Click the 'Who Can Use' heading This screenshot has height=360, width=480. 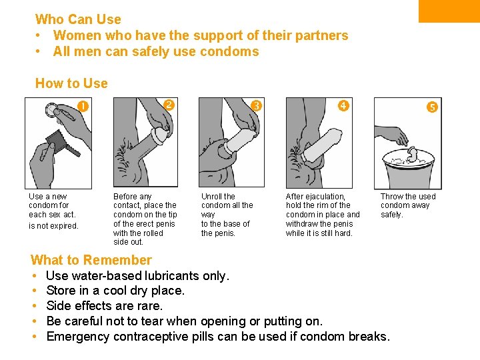[78, 19]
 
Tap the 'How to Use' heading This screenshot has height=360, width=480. [71, 83]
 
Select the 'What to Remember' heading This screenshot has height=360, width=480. [91, 260]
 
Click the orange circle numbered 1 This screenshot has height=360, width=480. [83, 106]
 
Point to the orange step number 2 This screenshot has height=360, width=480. [169, 105]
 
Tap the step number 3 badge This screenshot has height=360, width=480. [256, 105]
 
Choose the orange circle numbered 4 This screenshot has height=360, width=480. [343, 106]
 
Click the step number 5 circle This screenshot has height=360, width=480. [432, 107]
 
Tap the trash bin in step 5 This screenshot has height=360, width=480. [409, 169]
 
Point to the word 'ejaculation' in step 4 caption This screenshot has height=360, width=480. [325, 197]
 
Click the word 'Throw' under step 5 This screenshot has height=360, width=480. [391, 196]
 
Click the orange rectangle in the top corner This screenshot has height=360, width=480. [449, 11]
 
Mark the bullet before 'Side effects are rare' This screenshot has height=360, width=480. [34, 305]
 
